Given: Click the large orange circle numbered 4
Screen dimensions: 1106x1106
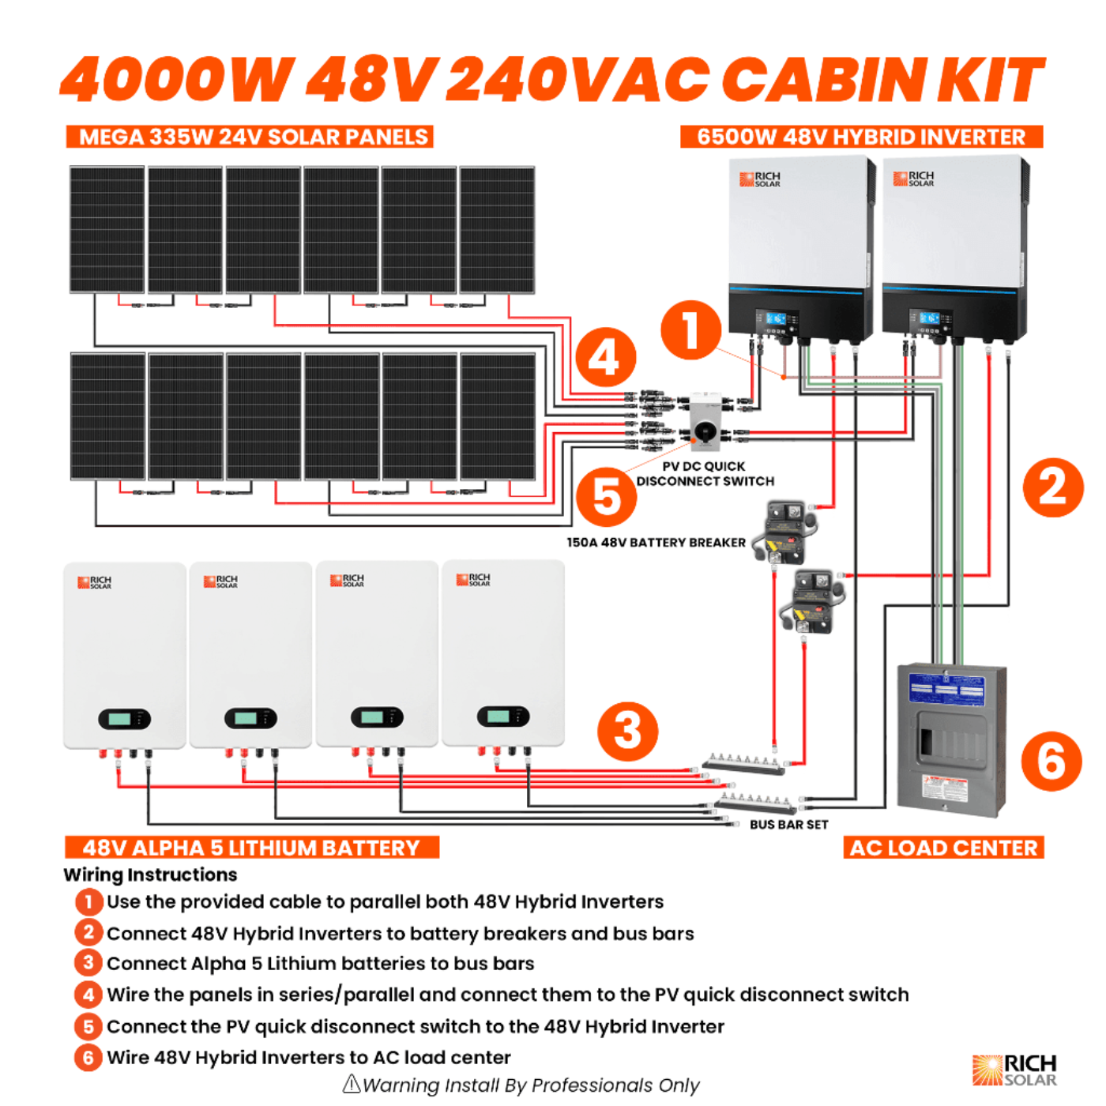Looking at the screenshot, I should [x=606, y=358].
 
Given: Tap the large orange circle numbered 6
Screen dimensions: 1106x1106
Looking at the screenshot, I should [x=1051, y=761].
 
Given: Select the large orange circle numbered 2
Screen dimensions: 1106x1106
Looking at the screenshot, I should [x=1053, y=487].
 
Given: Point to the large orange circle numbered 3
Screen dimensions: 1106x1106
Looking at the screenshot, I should [x=628, y=731].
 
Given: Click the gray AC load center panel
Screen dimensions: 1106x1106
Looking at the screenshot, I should [x=952, y=739].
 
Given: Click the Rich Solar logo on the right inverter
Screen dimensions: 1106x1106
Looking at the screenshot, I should [x=913, y=179].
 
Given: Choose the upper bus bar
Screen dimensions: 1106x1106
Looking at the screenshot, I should [x=744, y=762].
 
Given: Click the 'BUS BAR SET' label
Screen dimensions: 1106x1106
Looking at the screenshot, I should [x=788, y=825].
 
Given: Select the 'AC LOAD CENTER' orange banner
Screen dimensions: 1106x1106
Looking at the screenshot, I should [x=943, y=848].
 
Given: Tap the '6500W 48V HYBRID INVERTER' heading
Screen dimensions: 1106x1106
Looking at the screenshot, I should [x=861, y=137].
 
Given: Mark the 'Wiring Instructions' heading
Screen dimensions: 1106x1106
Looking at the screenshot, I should [x=150, y=875].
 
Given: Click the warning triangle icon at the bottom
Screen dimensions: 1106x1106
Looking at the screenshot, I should [x=352, y=1084].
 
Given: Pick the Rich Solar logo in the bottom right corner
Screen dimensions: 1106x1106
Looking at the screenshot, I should [x=1014, y=1070].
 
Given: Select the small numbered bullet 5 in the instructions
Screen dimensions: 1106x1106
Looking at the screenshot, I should [x=88, y=1026].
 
